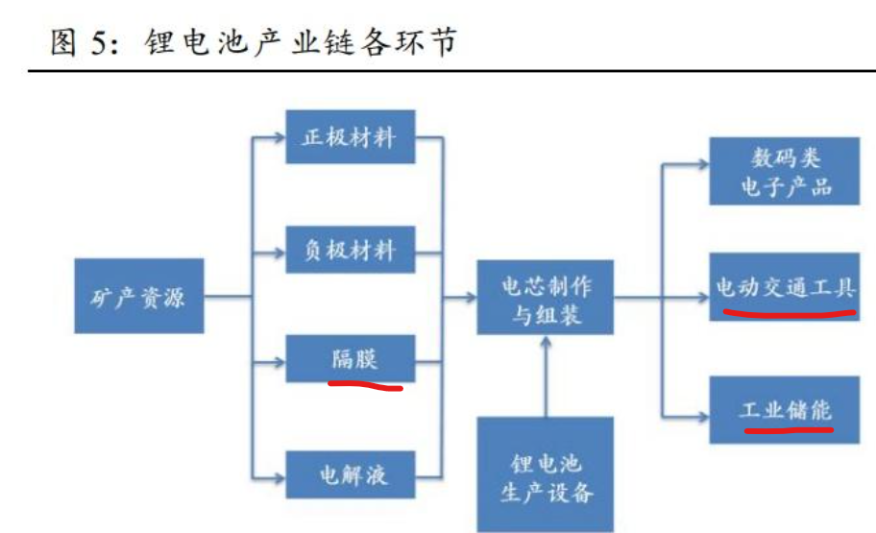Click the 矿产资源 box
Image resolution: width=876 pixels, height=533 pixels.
pos(138,295)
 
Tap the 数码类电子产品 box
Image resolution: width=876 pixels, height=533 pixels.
pos(784,170)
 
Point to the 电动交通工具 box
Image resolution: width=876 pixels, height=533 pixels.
pos(784,285)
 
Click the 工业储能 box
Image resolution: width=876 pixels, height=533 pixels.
pos(784,410)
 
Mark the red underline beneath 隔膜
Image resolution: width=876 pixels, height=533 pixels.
pos(365,386)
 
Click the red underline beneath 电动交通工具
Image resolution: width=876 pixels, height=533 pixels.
pos(788,313)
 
